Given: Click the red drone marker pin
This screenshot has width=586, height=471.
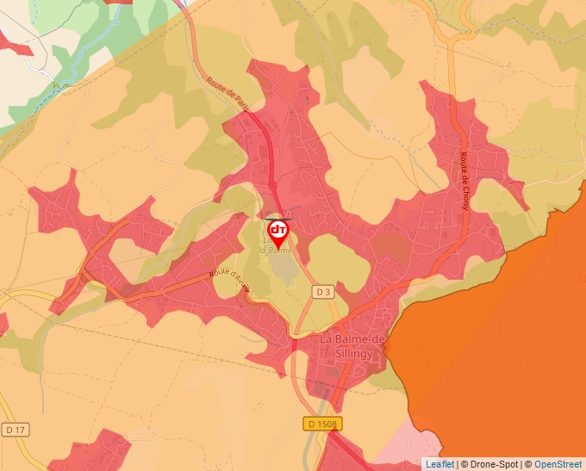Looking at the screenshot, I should [278, 233].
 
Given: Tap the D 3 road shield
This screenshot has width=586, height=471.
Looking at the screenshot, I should [323, 292].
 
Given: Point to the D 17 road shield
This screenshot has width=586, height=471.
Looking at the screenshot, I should [13, 429].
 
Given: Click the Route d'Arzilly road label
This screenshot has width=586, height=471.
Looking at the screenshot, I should [228, 281].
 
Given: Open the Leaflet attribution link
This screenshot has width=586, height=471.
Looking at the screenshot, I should [440, 463].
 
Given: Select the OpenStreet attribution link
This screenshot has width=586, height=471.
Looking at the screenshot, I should [558, 463].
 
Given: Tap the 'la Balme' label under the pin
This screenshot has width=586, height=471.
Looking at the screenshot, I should [278, 251].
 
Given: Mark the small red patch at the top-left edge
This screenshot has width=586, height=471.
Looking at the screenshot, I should [16, 43].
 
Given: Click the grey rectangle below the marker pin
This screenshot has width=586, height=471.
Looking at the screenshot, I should [279, 263].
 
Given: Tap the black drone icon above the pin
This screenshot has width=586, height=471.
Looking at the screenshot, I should [278, 219].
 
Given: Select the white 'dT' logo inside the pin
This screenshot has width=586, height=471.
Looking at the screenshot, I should [278, 230].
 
